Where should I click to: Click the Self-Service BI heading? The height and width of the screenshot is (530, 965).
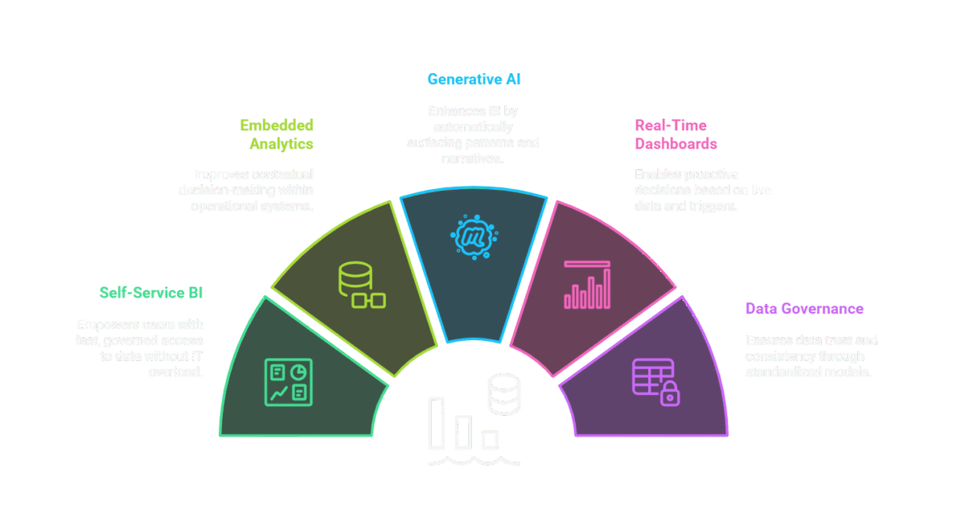(151, 293)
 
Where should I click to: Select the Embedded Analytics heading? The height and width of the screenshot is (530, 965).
(276, 135)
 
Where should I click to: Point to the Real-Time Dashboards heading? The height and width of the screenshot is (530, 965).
(671, 134)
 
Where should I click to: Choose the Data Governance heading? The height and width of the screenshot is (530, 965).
(804, 309)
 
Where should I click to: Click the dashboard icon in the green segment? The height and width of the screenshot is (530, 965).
(288, 381)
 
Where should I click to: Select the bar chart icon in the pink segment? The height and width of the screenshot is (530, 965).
(587, 286)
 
